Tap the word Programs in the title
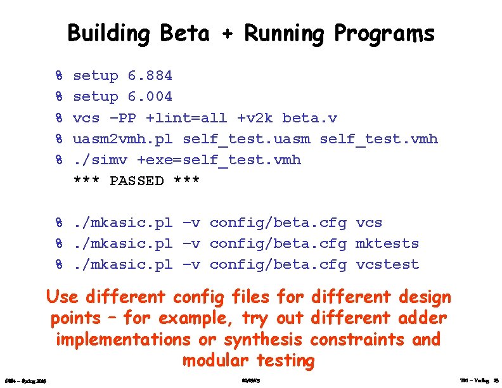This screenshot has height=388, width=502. click(x=384, y=34)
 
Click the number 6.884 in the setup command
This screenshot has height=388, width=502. click(x=150, y=76)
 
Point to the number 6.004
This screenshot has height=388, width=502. click(x=150, y=97)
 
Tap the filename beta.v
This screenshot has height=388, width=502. click(x=310, y=118)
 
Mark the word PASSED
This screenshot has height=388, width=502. click(x=136, y=181)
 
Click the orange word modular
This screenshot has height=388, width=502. click(x=216, y=361)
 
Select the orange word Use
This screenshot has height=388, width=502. click(x=61, y=296)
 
